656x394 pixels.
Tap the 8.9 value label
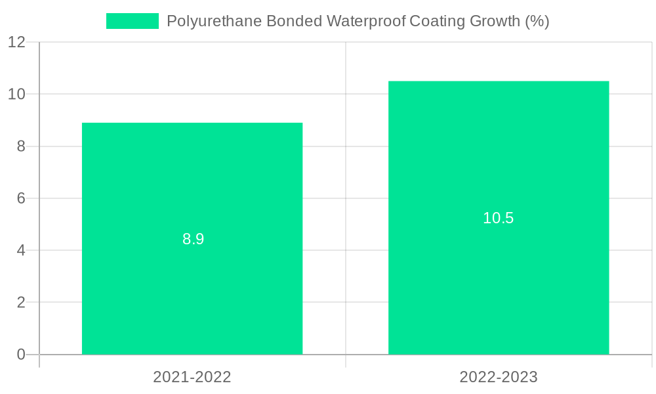(x=194, y=239)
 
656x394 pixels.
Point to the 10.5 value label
(x=499, y=218)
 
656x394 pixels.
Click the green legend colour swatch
(x=133, y=21)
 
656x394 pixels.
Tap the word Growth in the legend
(x=493, y=21)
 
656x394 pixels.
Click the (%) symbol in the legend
(x=537, y=21)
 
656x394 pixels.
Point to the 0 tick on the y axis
(x=21, y=355)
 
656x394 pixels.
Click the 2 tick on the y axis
(x=21, y=303)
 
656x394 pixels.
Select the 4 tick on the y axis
(x=21, y=250)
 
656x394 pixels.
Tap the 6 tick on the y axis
(x=21, y=198)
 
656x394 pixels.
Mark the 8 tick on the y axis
(x=21, y=146)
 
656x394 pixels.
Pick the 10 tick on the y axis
(x=17, y=94)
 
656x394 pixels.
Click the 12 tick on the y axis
(x=17, y=42)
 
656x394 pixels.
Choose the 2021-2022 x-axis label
(x=192, y=377)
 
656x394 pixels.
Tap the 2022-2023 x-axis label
(x=499, y=377)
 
